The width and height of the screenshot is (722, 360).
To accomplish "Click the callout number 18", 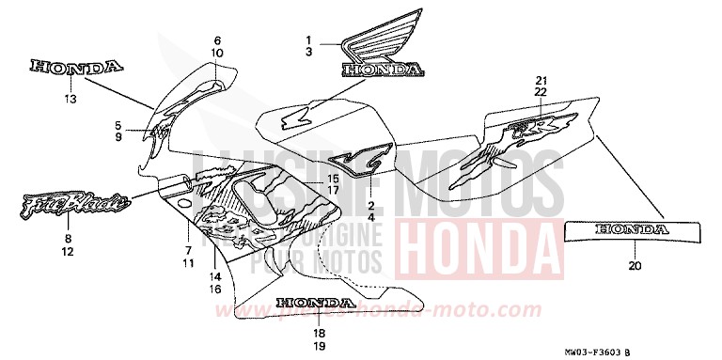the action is click(x=319, y=333).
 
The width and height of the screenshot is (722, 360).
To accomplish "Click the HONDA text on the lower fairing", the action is click(x=315, y=304).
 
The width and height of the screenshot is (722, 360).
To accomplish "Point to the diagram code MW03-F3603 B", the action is click(x=657, y=351).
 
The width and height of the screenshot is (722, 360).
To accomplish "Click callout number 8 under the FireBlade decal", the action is click(x=67, y=239).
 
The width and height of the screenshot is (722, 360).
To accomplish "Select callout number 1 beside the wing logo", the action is click(x=306, y=39).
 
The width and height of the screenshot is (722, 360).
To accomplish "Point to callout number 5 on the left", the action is click(x=118, y=125).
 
